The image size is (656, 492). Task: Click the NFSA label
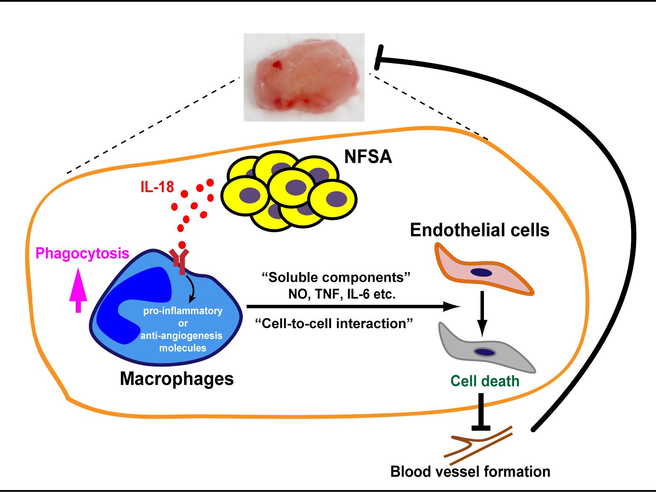pyautogui.click(x=368, y=157)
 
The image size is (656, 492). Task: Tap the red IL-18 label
pyautogui.click(x=157, y=187)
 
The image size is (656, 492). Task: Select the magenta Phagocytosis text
pyautogui.click(x=82, y=253)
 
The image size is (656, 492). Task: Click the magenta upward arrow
pyautogui.click(x=78, y=290)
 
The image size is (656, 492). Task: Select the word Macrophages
pyautogui.click(x=177, y=379)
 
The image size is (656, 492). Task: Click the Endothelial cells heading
pyautogui.click(x=479, y=230)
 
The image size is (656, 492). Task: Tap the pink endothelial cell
pyautogui.click(x=482, y=271)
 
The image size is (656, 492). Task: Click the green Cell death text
pyautogui.click(x=485, y=381)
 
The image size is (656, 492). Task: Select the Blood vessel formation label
pyautogui.click(x=470, y=472)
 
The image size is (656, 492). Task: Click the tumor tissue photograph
pyautogui.click(x=304, y=77)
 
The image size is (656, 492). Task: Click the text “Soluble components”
pyautogui.click(x=336, y=277)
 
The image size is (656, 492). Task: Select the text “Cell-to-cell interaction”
pyautogui.click(x=334, y=323)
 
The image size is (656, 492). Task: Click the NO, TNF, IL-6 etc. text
pyautogui.click(x=342, y=294)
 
